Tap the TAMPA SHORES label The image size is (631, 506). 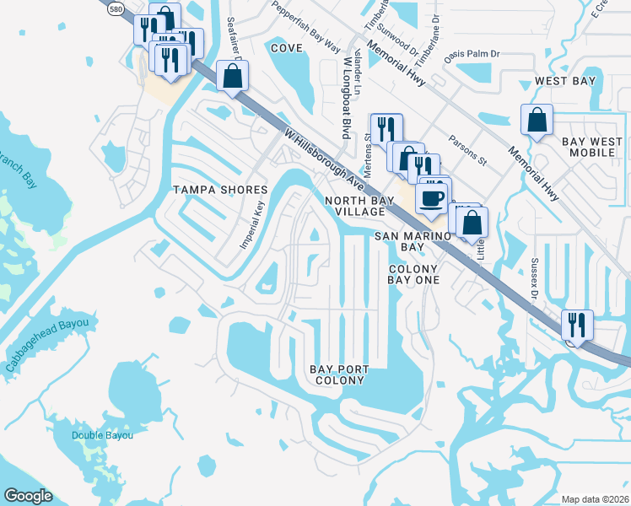click(x=220, y=190)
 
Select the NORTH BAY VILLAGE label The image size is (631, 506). click(x=355, y=207)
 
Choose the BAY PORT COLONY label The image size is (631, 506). click(x=337, y=374)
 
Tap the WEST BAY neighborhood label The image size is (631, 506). click(x=565, y=81)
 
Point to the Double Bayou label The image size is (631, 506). click(x=97, y=435)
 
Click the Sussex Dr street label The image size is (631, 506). click(x=535, y=278)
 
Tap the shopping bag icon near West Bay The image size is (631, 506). click(x=537, y=121)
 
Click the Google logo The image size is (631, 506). click(x=28, y=496)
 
